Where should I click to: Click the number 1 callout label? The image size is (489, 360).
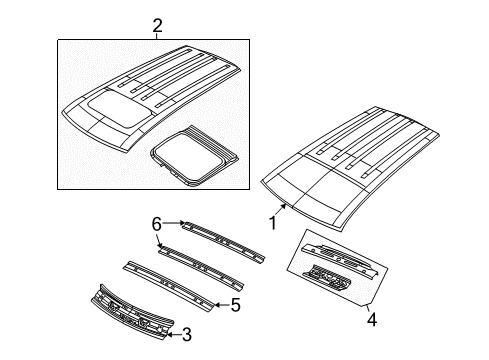[271, 223]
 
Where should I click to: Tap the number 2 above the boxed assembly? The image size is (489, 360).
[155, 24]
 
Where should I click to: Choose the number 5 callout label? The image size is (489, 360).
[236, 305]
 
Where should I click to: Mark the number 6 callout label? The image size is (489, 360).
[156, 224]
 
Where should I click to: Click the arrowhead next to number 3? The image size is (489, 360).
[166, 332]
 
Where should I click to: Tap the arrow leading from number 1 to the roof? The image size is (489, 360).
[283, 210]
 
